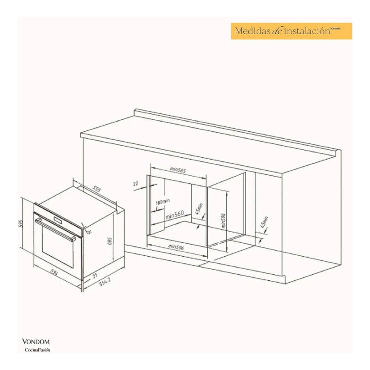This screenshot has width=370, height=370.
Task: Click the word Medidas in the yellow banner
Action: tap(253, 31)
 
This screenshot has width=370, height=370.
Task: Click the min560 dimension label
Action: tap(175, 213)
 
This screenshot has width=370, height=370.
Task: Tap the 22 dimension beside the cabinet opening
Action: tap(136, 184)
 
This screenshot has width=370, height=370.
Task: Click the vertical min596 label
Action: tap(222, 221)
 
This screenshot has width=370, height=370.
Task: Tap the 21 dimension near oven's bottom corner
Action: tap(94, 275)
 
